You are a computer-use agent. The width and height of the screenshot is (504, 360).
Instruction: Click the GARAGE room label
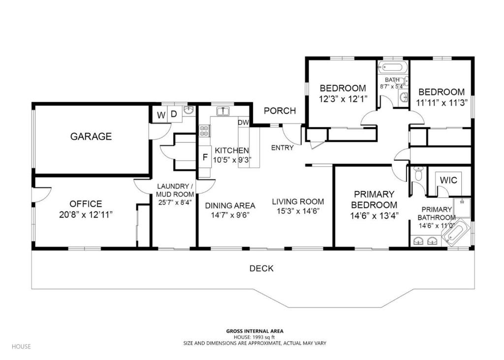(91, 136)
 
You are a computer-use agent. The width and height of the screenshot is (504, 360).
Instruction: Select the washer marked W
(161, 116)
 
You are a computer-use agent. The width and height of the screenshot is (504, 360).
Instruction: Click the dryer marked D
(173, 115)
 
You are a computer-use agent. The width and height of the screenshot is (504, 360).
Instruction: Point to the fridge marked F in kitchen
(204, 158)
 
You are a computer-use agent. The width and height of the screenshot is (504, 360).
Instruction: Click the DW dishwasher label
(243, 122)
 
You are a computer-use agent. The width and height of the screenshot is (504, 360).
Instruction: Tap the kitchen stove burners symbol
(204, 131)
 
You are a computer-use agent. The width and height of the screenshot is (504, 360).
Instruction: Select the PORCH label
(280, 111)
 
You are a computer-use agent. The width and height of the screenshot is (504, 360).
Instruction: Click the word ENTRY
(283, 148)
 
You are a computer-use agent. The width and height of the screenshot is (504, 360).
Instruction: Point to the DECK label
(261, 269)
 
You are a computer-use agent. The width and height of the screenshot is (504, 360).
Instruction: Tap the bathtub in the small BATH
(392, 67)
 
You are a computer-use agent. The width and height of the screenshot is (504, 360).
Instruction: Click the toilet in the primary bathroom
(418, 174)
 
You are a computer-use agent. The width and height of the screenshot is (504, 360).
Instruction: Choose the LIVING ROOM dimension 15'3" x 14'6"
(298, 212)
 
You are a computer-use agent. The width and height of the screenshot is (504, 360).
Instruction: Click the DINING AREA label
(230, 206)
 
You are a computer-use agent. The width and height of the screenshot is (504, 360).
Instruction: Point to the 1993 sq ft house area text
(254, 337)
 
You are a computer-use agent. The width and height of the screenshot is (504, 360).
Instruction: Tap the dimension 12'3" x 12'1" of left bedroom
(343, 99)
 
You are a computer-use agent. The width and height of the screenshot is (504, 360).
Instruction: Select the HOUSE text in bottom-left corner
(21, 346)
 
